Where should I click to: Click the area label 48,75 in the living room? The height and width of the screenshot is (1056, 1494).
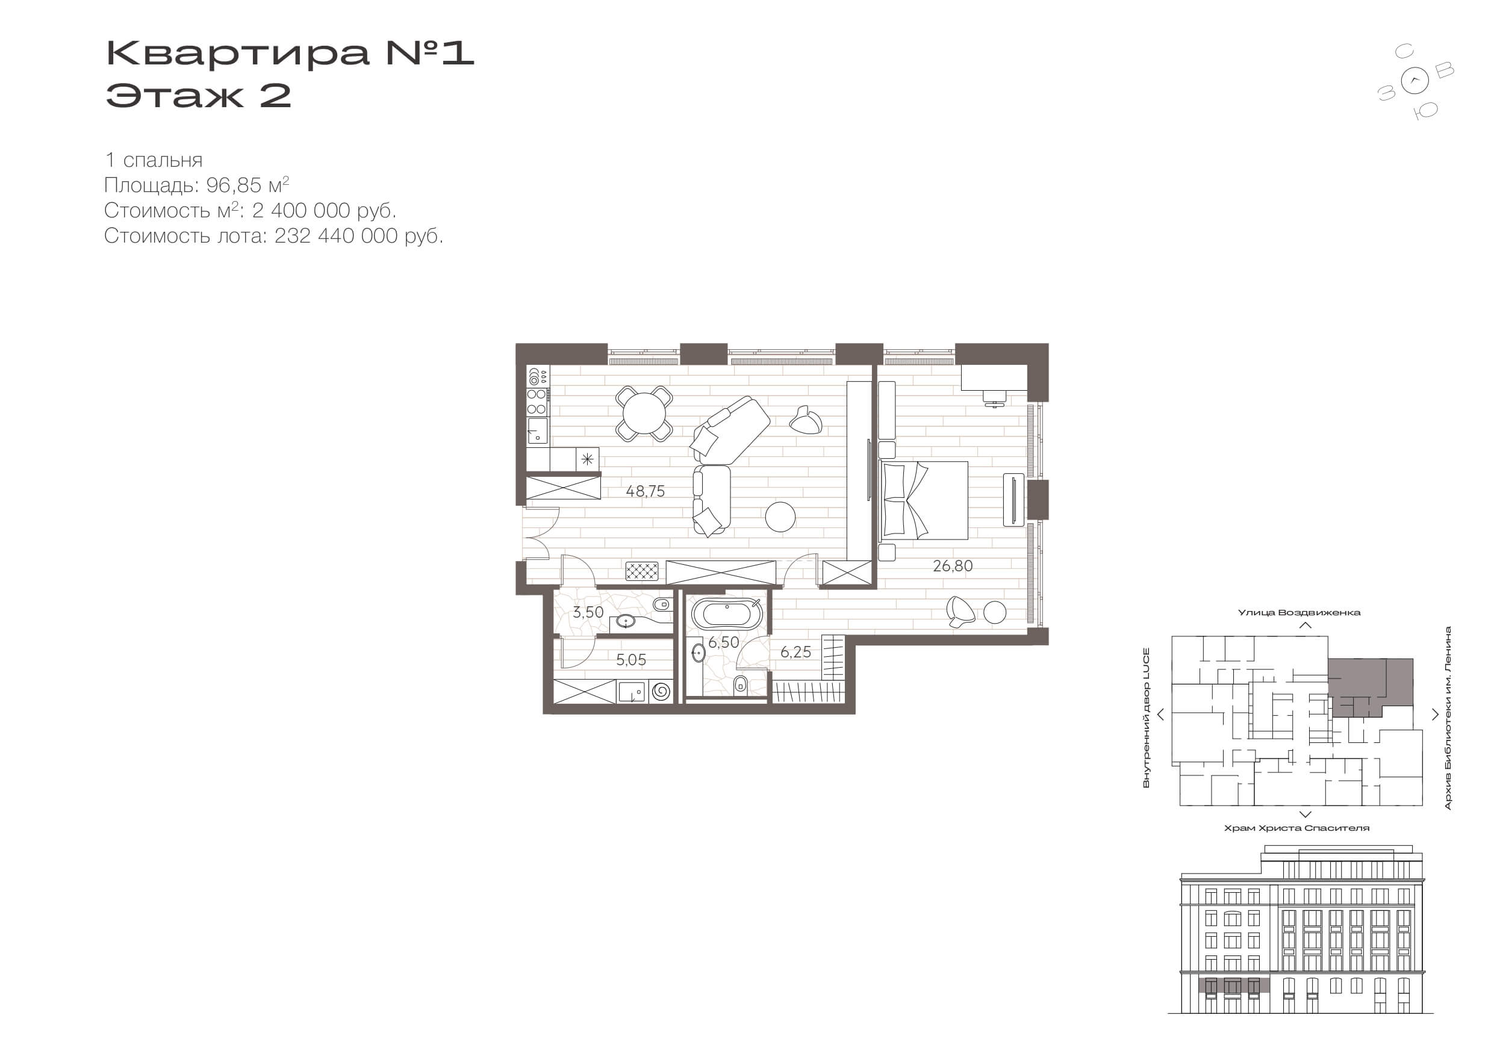tap(646, 491)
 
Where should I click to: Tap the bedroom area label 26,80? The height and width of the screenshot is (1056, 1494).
tap(953, 566)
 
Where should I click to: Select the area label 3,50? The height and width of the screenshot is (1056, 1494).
tap(588, 612)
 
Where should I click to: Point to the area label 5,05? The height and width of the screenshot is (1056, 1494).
tap(631, 660)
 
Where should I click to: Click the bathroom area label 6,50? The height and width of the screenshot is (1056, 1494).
tap(724, 642)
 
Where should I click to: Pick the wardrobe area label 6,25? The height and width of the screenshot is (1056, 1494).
tap(796, 652)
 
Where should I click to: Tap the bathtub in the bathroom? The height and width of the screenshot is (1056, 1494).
tap(726, 614)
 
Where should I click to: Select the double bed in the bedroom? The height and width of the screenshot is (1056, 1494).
tap(924, 500)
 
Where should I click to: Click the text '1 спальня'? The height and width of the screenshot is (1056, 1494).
tap(154, 160)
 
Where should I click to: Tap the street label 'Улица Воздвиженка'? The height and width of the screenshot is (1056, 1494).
tap(1299, 612)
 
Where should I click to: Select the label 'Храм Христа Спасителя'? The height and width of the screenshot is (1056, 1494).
tap(1297, 828)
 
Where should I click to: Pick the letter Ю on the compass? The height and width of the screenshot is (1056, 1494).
tap(1425, 111)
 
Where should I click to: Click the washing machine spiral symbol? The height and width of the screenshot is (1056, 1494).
tap(661, 691)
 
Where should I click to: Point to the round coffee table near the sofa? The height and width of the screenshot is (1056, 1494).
tap(780, 517)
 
